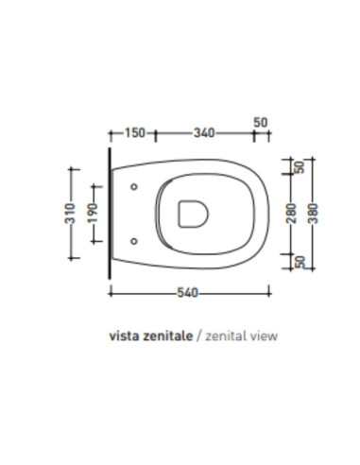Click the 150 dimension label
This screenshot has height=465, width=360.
pos(135,132)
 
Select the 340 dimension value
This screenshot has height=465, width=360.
pos(204,133)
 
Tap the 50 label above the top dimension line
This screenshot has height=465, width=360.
pos(261,122)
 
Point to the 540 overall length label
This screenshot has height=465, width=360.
pos(187,293)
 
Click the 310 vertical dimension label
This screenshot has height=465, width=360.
pos(70,214)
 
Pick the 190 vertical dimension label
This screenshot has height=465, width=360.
pos(93,214)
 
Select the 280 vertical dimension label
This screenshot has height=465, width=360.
pos(292,214)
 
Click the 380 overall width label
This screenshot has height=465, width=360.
pos(313,214)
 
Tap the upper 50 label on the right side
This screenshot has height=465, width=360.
pos(300,167)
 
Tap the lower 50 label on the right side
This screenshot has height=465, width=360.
pos(300,262)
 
